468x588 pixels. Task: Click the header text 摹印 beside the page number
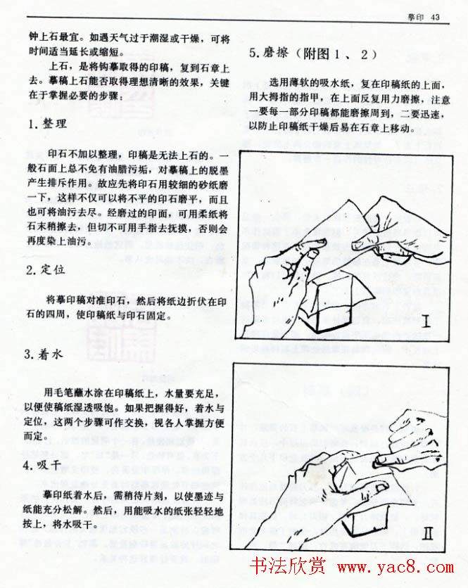pyautogui.click(x=417, y=18)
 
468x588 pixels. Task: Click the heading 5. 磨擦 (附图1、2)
pyautogui.click(x=312, y=54)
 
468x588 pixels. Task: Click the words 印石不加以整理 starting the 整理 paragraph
pyautogui.click(x=85, y=156)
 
